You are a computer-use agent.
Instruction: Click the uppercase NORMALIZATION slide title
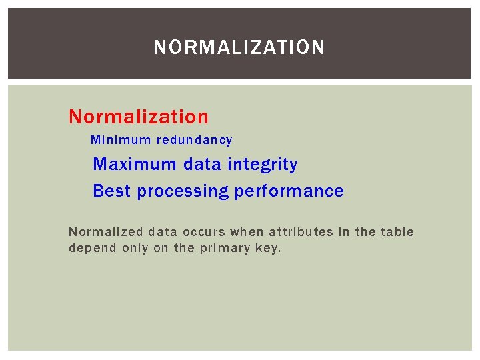coord(239,47)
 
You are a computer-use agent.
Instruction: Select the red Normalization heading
coord(139,117)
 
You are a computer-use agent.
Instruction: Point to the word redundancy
coord(195,140)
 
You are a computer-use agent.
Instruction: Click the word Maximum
coord(135,164)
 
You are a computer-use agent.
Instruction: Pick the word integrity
coord(263,164)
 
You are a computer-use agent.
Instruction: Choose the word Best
coord(113,191)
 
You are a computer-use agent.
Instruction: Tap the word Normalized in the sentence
coord(106,232)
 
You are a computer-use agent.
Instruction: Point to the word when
coord(247,232)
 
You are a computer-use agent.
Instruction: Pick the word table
coord(397,232)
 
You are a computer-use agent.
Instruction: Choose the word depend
coord(92,248)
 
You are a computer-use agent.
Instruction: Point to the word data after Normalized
coord(163,232)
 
